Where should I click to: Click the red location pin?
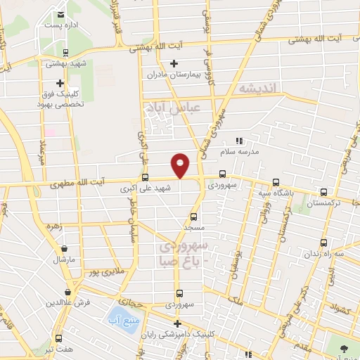pyautogui.click(x=181, y=165)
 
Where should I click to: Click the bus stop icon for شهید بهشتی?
pyautogui.click(x=65, y=51)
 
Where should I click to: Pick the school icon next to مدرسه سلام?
pyautogui.click(x=238, y=141)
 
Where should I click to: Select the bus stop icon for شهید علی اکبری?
pyautogui.click(x=146, y=177)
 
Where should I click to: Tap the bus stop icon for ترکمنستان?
pyautogui.click(x=324, y=191)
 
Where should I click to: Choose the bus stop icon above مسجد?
pyautogui.click(x=194, y=217)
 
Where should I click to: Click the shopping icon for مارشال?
pyautogui.click(x=65, y=248)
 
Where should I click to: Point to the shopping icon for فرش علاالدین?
pyautogui.click(x=68, y=291)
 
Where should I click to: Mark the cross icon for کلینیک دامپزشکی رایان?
pyautogui.click(x=176, y=323)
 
